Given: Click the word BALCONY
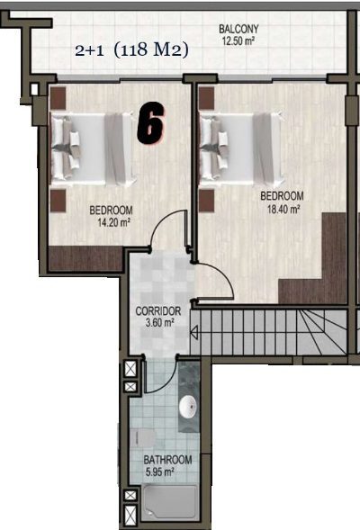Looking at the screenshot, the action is tap(238, 29).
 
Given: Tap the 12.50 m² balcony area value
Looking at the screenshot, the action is tap(238, 41).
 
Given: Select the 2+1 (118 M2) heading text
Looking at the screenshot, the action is tap(131, 50).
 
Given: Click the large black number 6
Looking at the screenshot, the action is tap(151, 122).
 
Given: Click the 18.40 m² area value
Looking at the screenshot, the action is tap(283, 210).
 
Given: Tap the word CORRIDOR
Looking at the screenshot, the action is tap(158, 311).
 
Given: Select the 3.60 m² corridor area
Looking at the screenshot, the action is tap(159, 323).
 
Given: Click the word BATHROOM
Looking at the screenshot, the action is tap(167, 460).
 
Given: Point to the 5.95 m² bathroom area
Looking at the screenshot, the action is tap(159, 472).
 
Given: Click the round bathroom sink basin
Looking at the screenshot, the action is tap(188, 407).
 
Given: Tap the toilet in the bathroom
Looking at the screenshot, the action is tap(143, 438).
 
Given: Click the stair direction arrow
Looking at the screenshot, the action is tap(193, 333).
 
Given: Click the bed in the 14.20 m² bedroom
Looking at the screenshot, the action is tap(93, 149).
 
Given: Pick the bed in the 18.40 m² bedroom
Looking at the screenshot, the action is tap(240, 149).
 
